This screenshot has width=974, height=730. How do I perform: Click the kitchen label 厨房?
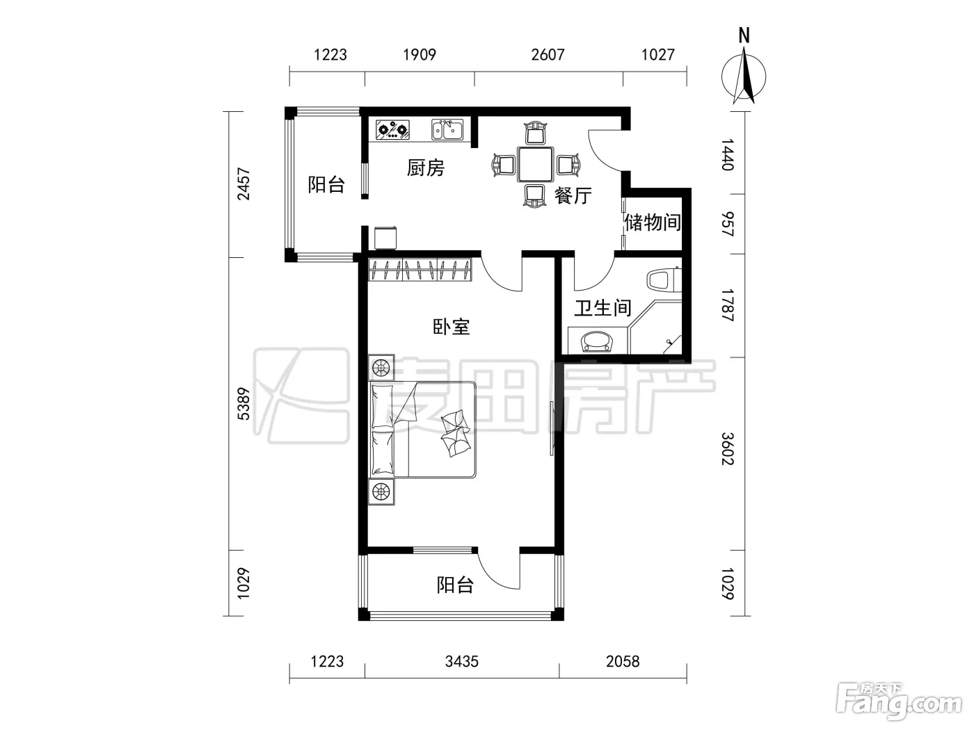point(426,168)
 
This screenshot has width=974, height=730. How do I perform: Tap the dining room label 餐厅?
point(573,195)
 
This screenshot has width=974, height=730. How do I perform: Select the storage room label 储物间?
point(653,222)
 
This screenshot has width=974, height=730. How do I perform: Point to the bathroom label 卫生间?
point(602,308)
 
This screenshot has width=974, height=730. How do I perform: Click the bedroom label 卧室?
point(452,327)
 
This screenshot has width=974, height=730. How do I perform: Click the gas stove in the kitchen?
point(392,130)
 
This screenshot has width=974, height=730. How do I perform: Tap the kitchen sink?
point(447,129)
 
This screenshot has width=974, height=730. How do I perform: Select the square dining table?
point(535,165)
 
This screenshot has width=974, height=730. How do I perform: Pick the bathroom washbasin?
point(597,341)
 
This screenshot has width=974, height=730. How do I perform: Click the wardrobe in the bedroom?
point(420,270)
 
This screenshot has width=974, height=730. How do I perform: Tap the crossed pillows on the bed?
point(455,432)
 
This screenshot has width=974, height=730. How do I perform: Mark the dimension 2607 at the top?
point(548,55)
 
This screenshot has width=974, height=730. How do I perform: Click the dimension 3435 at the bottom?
point(462,662)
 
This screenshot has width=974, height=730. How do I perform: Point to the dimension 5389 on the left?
point(244,404)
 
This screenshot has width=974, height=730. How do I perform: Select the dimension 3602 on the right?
point(728,448)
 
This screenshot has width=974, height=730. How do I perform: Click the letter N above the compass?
point(744,35)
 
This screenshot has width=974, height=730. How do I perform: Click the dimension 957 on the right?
point(728,225)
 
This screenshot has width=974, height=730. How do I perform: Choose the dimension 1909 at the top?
point(420,55)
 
